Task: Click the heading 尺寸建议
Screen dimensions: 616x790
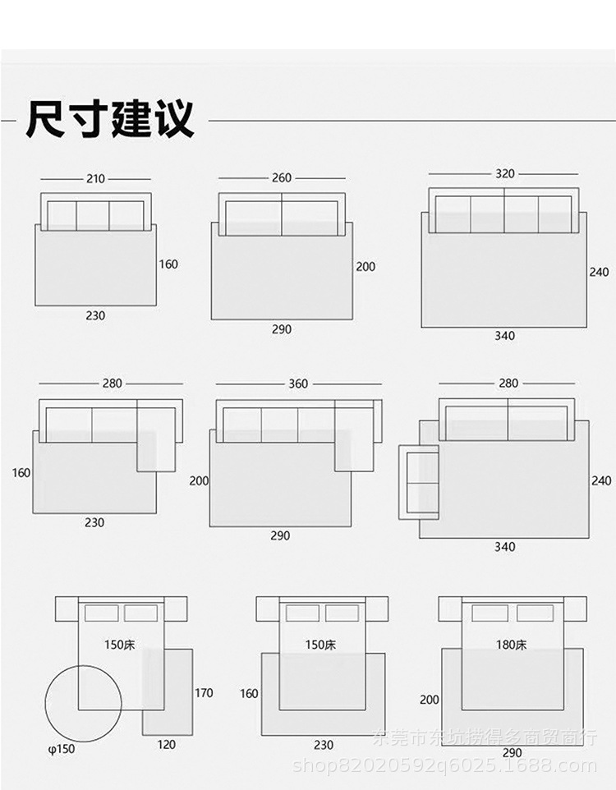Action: pos(110,120)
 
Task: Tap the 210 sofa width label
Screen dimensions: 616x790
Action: pos(96,179)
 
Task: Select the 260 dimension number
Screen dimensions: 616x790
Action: pos(282,178)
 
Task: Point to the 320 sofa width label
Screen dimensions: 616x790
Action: pos(504,174)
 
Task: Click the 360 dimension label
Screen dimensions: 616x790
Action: pos(298,384)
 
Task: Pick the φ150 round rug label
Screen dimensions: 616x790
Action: pos(62,748)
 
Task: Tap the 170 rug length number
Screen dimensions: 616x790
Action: pos(204,692)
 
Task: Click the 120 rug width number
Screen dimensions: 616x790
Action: pos(167,745)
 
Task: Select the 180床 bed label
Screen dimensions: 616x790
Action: pos(512,645)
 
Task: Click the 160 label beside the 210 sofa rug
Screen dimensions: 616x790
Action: pos(168,264)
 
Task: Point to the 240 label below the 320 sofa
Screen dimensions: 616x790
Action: pos(600,272)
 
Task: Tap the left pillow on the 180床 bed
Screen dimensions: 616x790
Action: pos(490,613)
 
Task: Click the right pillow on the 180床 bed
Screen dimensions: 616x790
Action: pos(535,613)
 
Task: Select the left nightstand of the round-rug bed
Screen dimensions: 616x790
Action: pos(66,609)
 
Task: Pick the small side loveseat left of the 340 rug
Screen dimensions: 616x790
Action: pos(419,482)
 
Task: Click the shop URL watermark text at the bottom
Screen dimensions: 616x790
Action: pos(444,766)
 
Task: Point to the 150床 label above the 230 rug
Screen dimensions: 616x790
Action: pos(320,645)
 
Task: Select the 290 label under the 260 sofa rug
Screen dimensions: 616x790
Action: pos(282,329)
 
